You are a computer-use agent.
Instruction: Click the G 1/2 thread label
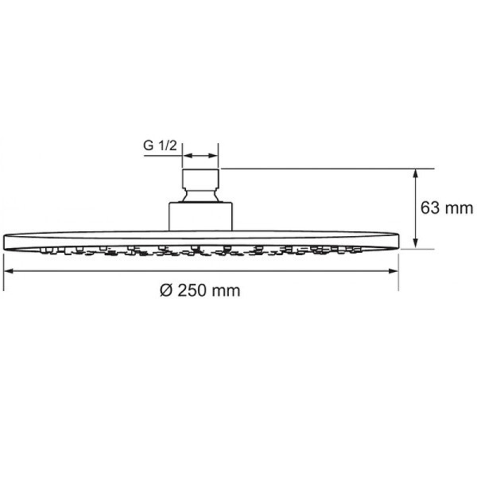[160, 145]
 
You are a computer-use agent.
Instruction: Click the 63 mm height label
[447, 208]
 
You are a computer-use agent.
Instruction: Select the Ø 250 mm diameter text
[200, 290]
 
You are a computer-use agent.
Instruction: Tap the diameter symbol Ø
[166, 290]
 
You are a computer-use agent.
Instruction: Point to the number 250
[192, 290]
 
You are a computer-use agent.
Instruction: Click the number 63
[430, 208]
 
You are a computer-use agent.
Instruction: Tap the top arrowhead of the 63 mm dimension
[416, 174]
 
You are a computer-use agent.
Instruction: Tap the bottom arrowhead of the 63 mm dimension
[416, 243]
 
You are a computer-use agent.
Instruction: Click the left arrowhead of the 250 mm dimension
[9, 271]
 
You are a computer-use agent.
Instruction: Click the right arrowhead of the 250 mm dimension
[393, 271]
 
